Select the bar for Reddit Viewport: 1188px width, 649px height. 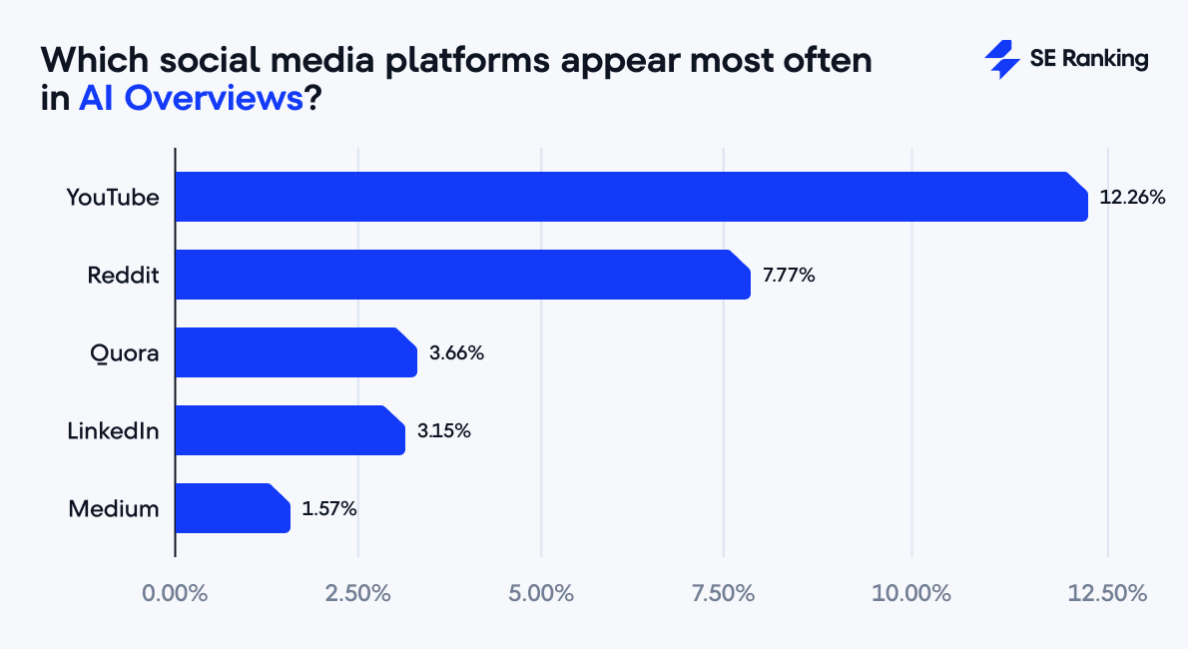pyautogui.click(x=462, y=275)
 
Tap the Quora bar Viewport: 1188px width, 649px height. pyautogui.click(x=296, y=352)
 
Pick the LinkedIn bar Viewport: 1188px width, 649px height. pyautogui.click(x=290, y=430)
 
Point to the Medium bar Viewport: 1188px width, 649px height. pyautogui.click(x=232, y=508)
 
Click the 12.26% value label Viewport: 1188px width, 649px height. pyautogui.click(x=1132, y=198)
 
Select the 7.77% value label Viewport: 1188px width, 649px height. pyautogui.click(x=789, y=276)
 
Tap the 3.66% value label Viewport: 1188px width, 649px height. pyautogui.click(x=456, y=353)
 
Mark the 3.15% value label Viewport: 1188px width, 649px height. pyautogui.click(x=444, y=431)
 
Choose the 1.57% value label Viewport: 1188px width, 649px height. pyautogui.click(x=329, y=509)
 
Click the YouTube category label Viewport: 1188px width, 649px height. pyautogui.click(x=113, y=198)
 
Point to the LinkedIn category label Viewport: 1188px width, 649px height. pyautogui.click(x=113, y=431)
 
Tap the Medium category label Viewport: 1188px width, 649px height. pyautogui.click(x=114, y=509)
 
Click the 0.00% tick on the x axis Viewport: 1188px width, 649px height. pyautogui.click(x=175, y=593)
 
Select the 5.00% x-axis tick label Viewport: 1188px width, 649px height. pyautogui.click(x=540, y=593)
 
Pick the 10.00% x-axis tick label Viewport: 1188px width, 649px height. pyautogui.click(x=911, y=593)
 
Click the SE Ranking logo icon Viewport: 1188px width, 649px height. pyautogui.click(x=1001, y=60)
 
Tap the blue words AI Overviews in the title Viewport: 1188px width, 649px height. pyautogui.click(x=190, y=100)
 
